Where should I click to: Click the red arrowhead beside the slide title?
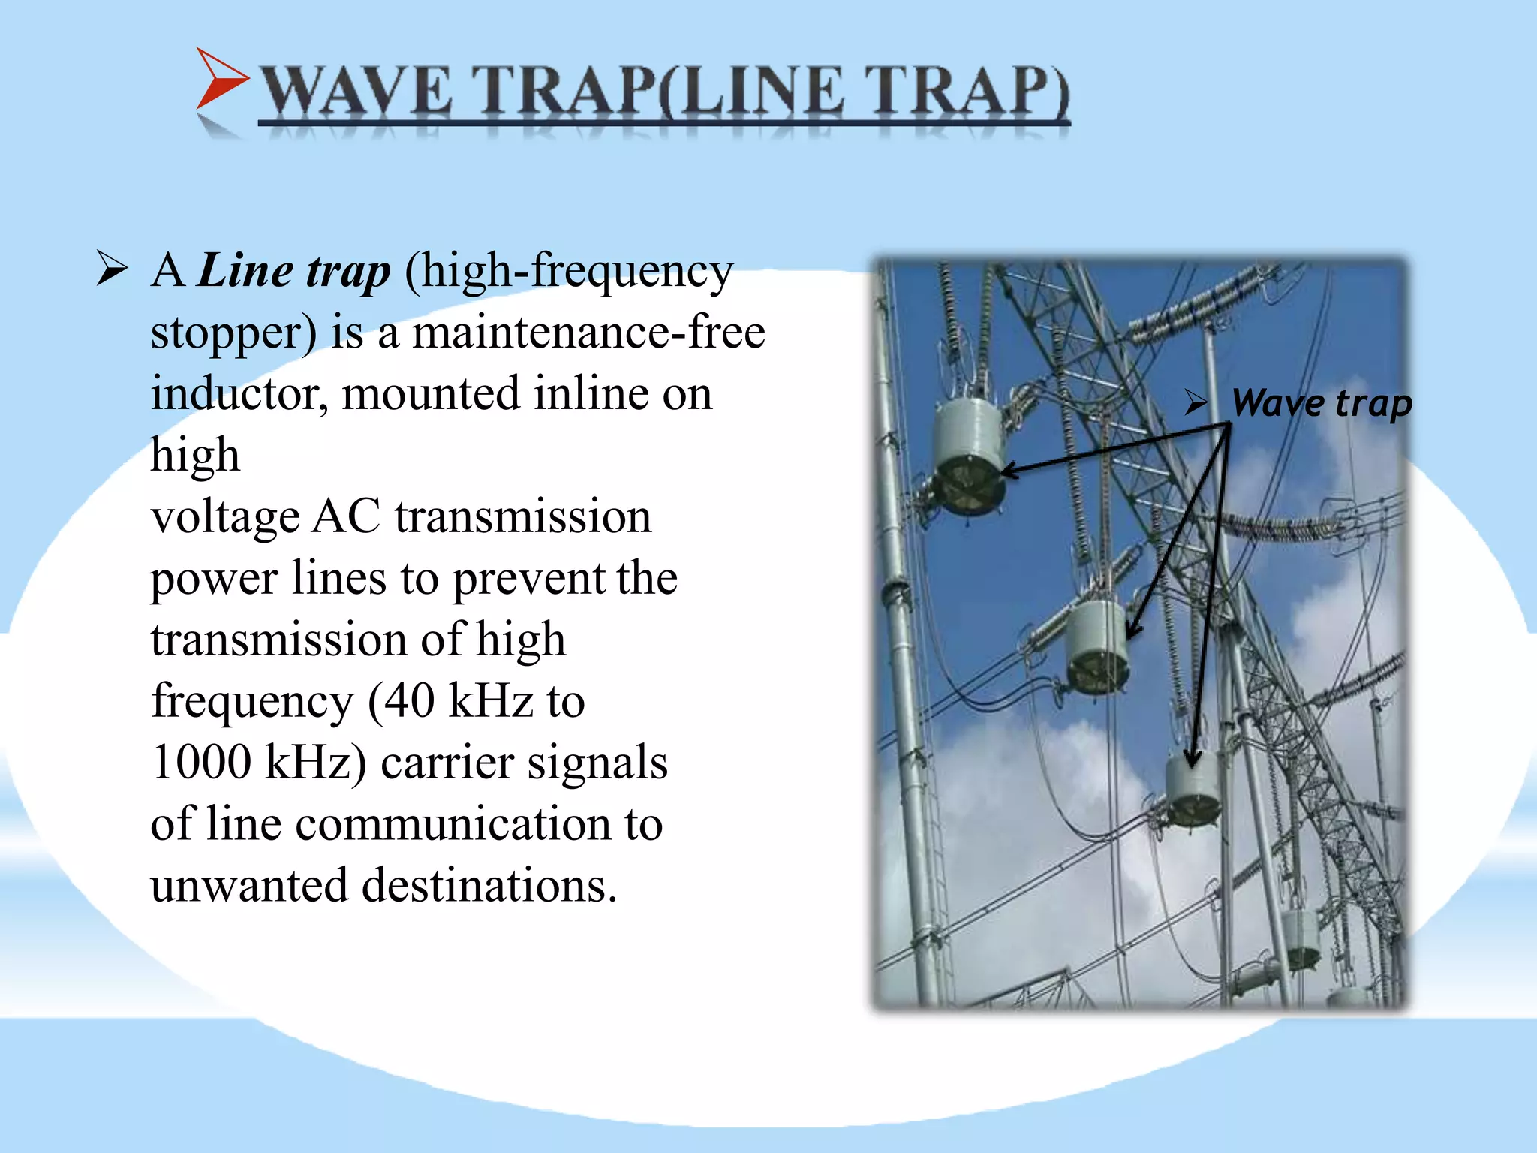click(219, 80)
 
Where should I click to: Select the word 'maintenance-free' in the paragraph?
click(588, 332)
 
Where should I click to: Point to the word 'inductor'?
click(239, 393)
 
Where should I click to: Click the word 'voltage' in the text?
click(224, 518)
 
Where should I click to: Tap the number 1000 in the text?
click(200, 763)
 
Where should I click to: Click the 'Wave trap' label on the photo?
click(1322, 404)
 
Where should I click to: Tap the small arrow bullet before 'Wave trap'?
click(1195, 403)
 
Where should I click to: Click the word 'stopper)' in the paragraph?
click(233, 333)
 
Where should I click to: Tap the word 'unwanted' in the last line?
click(248, 886)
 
